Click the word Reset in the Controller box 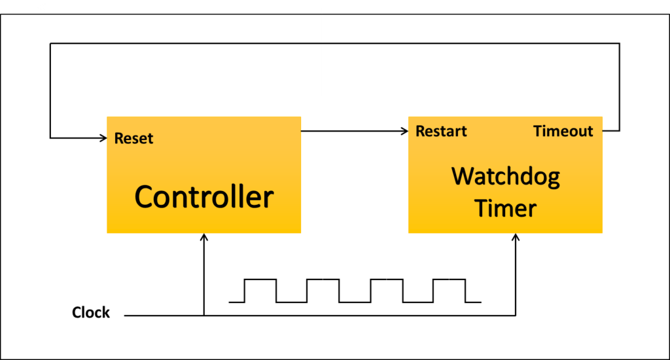[x=133, y=138]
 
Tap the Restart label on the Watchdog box [x=441, y=131]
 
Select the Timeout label [x=563, y=131]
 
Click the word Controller [x=203, y=197]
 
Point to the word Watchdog [x=505, y=177]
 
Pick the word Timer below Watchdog [x=505, y=208]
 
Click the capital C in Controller [x=145, y=197]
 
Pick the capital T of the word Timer [x=482, y=208]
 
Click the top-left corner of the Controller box [x=107, y=117]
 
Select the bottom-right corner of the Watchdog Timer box [x=603, y=232]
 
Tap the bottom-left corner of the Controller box [x=107, y=232]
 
